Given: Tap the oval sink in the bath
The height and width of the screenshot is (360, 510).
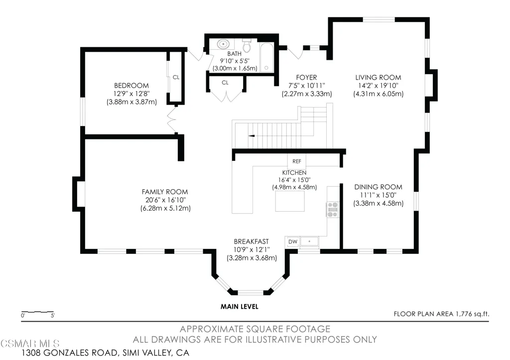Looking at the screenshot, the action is coord(223,44).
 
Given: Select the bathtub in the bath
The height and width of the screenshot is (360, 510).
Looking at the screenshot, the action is coord(267,57).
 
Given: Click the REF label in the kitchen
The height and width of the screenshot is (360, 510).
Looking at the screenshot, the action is coord(297,161).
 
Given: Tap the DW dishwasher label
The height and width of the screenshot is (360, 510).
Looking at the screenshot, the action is coord(293,241).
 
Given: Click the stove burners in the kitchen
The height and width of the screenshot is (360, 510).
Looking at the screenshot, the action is coord(332,210).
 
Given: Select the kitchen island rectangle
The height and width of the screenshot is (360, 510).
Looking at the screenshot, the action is coord(290,201).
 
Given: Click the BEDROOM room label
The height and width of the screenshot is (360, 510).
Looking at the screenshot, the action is coord(131,86).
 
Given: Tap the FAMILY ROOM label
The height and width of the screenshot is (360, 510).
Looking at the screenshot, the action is coord(165,192).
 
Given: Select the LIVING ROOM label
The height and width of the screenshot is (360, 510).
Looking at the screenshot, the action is coord(379,77).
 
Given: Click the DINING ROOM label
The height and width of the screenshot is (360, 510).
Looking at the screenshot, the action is coord(379,187).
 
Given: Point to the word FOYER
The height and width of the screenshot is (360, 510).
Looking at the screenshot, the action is coord(306,77).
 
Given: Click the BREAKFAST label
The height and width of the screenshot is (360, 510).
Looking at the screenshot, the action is coord(252,241).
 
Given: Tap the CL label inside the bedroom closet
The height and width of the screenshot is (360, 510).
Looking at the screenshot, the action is coord(176,77).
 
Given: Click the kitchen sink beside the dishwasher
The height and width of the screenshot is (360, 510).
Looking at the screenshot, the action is coord(309,241).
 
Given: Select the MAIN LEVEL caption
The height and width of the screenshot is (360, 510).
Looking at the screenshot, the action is coord(240,306).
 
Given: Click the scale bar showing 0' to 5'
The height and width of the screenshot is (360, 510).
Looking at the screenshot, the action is coord(37,312).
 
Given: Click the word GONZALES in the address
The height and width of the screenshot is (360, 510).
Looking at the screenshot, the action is coord(80,353).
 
